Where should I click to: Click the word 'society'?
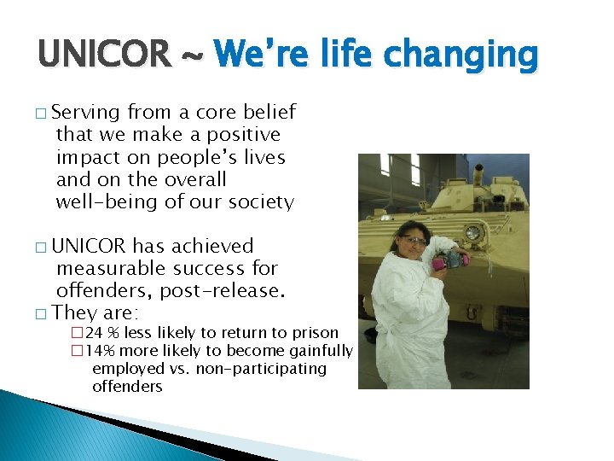[260, 202]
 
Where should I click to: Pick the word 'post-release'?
[221, 291]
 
